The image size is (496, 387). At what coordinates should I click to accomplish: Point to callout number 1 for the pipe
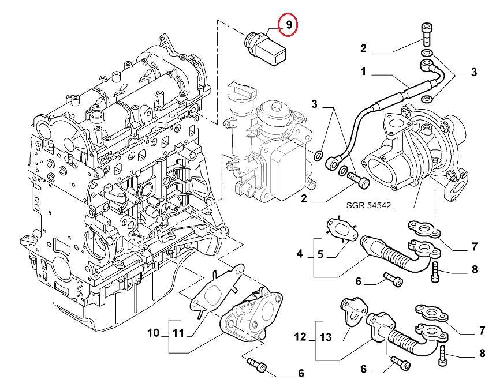point(364,72)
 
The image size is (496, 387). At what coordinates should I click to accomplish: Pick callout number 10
point(152,333)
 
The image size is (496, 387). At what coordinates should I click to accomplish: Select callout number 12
point(300,337)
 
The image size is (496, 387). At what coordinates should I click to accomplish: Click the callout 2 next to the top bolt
point(364,48)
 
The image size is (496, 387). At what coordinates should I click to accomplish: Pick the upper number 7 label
point(474,247)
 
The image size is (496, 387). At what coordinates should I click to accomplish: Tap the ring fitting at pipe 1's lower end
point(333,164)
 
